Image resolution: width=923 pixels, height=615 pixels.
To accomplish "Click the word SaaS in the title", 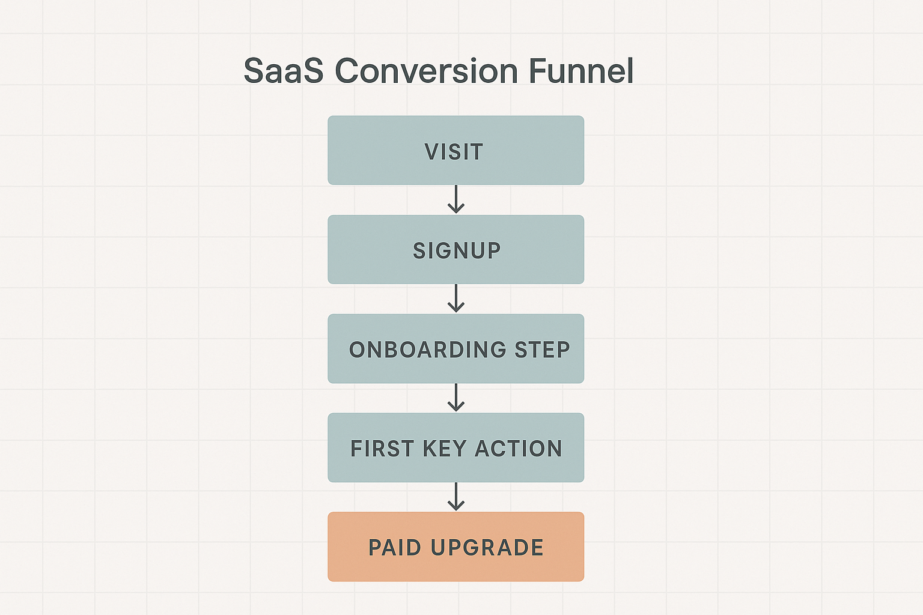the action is [284, 71].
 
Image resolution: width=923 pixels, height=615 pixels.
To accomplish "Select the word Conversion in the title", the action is [427, 71].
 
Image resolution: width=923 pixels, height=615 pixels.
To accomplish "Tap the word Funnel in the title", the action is [581, 71].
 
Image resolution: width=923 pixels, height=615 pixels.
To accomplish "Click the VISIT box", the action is [455, 150].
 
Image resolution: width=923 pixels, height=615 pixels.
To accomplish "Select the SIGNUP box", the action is [455, 250].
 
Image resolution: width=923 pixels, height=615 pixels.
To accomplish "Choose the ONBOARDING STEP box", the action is [455, 349].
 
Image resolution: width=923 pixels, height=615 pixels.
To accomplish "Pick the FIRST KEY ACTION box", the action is [455, 448].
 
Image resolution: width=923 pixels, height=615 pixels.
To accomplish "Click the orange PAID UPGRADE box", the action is [455, 547].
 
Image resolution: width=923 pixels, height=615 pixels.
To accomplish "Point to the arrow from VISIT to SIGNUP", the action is [455, 199].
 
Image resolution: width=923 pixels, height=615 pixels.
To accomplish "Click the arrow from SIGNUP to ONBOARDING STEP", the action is [455, 298].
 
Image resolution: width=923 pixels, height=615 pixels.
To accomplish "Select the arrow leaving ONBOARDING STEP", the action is [455, 398].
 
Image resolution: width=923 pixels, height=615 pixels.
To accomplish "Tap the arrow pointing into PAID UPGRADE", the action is [455, 497].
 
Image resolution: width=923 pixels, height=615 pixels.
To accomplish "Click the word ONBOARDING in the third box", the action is [427, 350].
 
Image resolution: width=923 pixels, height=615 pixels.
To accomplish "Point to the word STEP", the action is [542, 350].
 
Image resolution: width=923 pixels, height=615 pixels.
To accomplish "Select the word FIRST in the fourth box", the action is [382, 449].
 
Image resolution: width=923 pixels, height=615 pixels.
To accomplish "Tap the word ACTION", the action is [519, 449].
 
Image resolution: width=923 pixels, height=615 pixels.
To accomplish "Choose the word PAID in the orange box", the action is [395, 548].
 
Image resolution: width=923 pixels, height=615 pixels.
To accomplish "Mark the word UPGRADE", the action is [487, 548].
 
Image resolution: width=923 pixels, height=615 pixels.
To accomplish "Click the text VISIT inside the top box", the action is [454, 151].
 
